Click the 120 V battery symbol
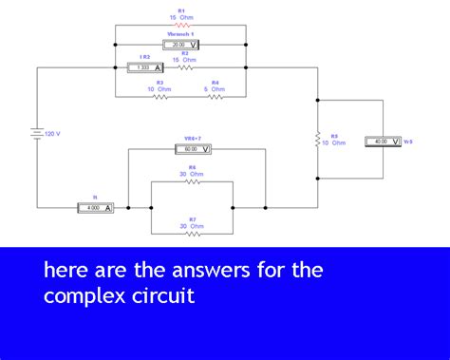37,133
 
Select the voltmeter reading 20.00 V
180,45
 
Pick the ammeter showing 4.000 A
96,207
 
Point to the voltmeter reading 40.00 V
384,142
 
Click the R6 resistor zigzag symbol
193,181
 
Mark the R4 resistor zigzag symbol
215,96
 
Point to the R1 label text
181,9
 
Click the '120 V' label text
52,134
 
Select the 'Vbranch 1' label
179,34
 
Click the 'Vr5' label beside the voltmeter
408,142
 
